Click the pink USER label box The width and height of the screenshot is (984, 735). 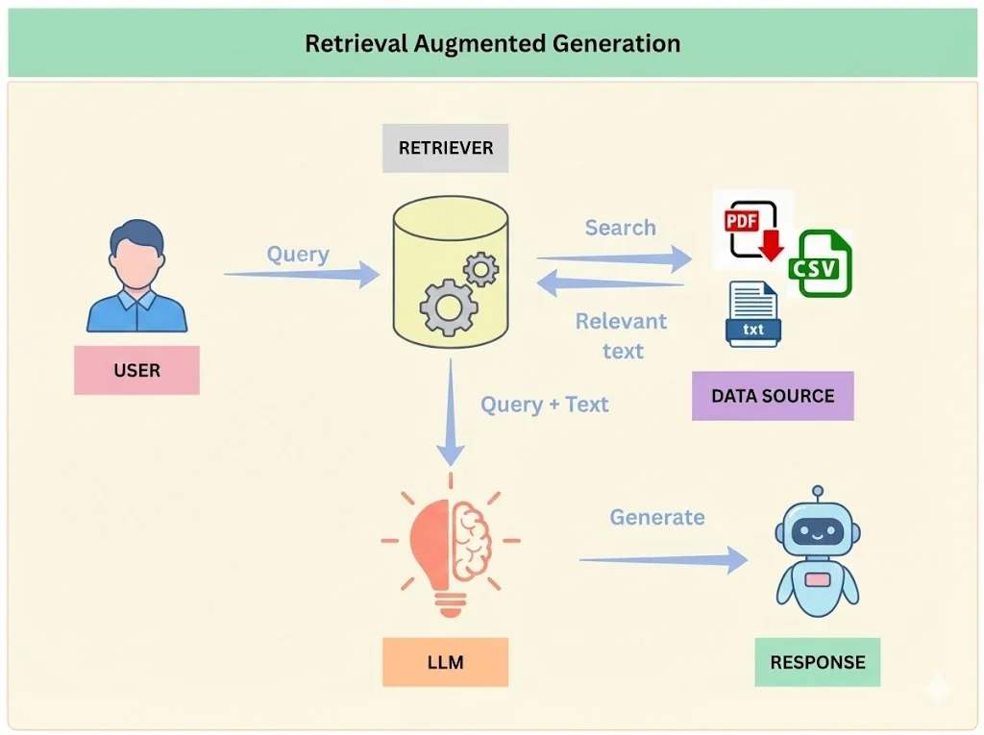[x=136, y=371]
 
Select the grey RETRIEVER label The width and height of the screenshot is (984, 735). [x=445, y=148]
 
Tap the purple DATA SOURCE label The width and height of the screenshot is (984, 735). [x=773, y=396]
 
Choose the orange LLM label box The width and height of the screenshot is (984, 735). [x=445, y=662]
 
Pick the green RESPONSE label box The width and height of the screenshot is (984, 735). [x=817, y=662]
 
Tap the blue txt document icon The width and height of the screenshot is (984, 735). [x=753, y=314]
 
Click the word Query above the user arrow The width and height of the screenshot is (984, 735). [x=298, y=255]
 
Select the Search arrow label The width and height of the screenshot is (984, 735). [x=620, y=228]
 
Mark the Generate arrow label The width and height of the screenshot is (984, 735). [x=657, y=517]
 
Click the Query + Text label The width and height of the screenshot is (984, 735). [x=545, y=404]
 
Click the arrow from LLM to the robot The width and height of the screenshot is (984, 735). [x=663, y=560]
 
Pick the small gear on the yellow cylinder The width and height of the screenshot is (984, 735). [x=480, y=270]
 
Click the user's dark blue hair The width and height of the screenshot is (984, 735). [x=136, y=235]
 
